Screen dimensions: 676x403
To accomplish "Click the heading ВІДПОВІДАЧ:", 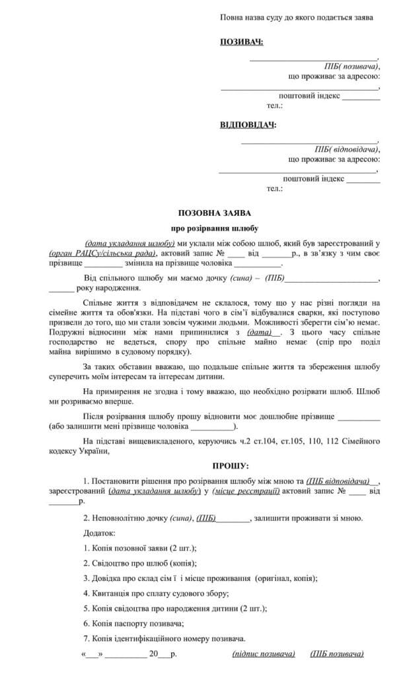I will coord(248,125).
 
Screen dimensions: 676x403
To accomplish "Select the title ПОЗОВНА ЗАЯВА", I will coord(214,213).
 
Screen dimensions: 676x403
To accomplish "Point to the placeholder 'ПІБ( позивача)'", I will coord(351,67).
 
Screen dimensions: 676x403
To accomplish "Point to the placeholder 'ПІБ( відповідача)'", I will coord(347,149).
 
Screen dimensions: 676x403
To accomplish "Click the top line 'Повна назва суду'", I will coord(296,17).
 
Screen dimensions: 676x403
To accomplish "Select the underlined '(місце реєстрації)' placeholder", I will coord(248,491).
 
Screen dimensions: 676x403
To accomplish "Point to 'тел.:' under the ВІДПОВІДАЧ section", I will coord(274,188).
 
